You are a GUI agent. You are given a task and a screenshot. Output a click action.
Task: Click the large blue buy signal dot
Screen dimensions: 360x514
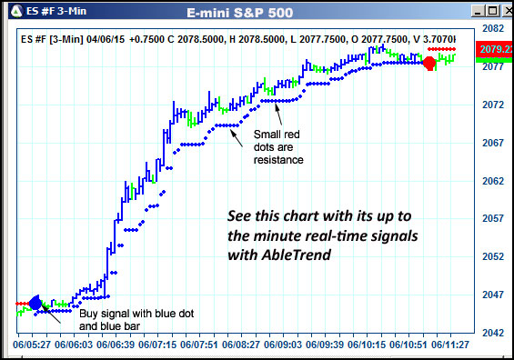tap(35, 303)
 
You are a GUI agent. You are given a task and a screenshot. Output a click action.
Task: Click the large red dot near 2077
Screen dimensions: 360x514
tap(429, 63)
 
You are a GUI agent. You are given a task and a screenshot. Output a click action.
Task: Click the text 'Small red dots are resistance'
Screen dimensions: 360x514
tap(277, 147)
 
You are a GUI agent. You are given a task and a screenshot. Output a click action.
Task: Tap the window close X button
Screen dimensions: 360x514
tap(504, 11)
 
